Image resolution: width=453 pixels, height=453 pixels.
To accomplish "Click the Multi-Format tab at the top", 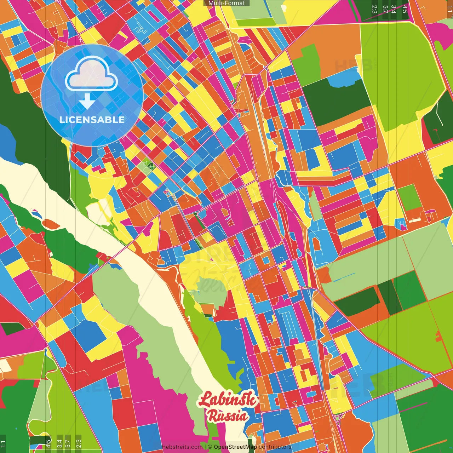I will [x=226, y=3].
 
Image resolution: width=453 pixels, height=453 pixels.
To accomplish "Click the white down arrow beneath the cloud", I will [x=87, y=102].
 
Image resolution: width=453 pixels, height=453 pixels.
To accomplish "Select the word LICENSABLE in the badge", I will [x=92, y=120].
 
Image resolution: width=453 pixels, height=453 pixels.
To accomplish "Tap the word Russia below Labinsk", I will [x=228, y=415].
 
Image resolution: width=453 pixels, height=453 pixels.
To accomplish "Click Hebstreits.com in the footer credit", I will [x=182, y=447].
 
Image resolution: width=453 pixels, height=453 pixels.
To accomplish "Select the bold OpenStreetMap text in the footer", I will [x=235, y=447].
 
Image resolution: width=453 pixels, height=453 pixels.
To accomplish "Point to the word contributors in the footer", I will [x=275, y=447].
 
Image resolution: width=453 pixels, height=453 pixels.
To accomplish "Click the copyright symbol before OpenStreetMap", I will [x=210, y=447].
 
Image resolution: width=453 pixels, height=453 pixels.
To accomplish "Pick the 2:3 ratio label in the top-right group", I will [x=374, y=9].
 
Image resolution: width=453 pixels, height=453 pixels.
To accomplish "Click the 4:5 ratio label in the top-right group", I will [x=405, y=9].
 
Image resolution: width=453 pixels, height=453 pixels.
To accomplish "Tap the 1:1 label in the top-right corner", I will [x=449, y=9].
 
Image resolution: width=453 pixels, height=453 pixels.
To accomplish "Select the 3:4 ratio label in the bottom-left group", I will [x=59, y=443].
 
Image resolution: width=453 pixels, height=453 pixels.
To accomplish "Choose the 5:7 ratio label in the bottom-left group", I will [x=68, y=443].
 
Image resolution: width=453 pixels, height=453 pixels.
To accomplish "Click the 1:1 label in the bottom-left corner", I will [x=3, y=443].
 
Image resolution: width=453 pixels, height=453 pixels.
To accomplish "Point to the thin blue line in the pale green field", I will [x=342, y=280].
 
